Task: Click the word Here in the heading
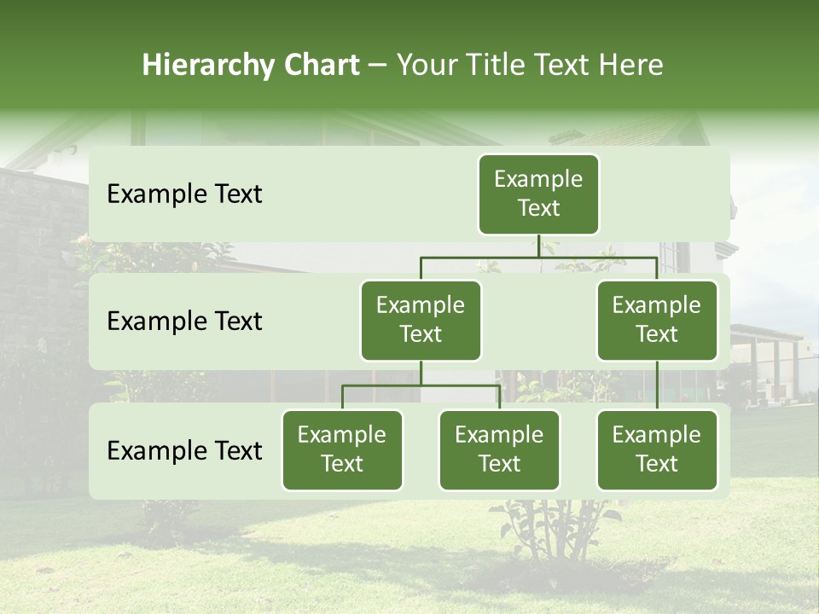pyautogui.click(x=630, y=66)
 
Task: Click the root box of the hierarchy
pyautogui.click(x=538, y=194)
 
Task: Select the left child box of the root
pyautogui.click(x=421, y=320)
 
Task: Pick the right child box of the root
pyautogui.click(x=657, y=320)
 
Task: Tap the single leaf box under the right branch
pyautogui.click(x=657, y=449)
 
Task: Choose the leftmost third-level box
pyautogui.click(x=342, y=449)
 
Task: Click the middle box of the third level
pyautogui.click(x=499, y=449)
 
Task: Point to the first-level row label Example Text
pyautogui.click(x=184, y=194)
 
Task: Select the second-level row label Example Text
pyautogui.click(x=184, y=321)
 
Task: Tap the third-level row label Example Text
pyautogui.click(x=184, y=450)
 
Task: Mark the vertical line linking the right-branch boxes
pyautogui.click(x=657, y=385)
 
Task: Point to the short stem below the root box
pyautogui.click(x=538, y=246)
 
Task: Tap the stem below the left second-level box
pyautogui.click(x=421, y=373)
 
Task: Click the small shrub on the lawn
pyautogui.click(x=559, y=529)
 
